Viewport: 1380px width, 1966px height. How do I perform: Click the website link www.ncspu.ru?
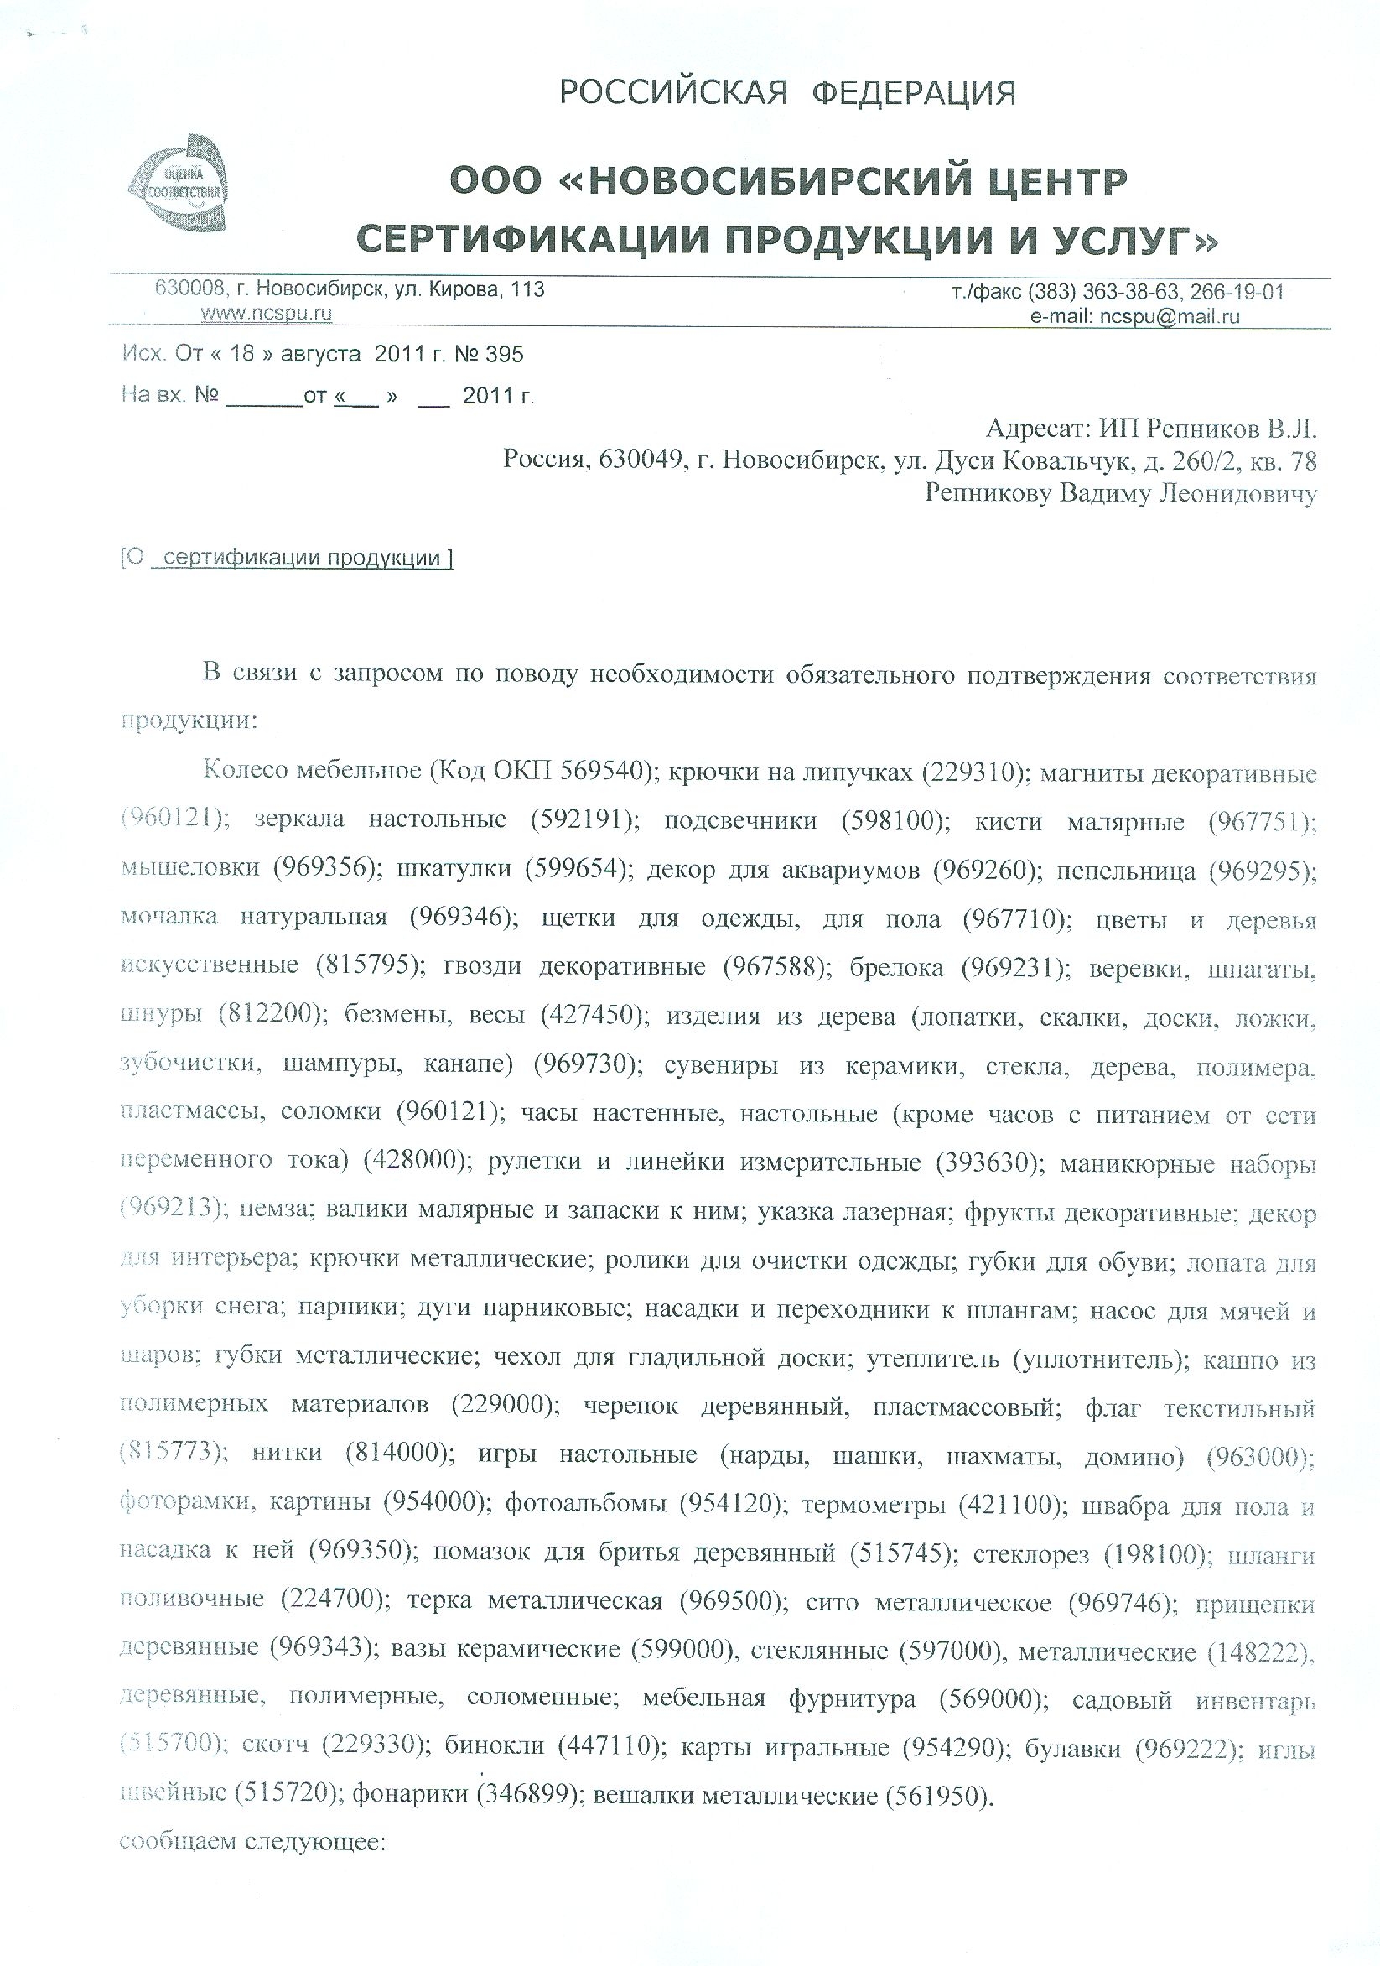click(266, 314)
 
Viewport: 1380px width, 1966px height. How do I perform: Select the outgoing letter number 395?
click(504, 354)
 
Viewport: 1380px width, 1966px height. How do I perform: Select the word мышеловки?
click(190, 868)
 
